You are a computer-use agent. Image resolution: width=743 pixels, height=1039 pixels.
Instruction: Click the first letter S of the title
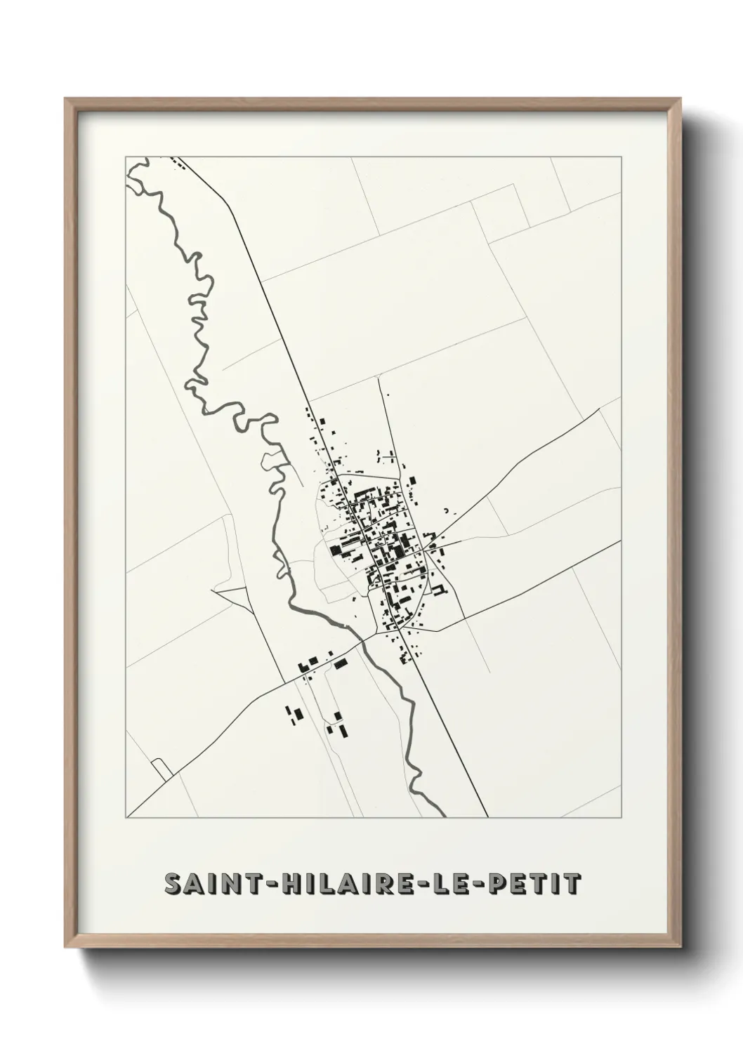[x=171, y=884]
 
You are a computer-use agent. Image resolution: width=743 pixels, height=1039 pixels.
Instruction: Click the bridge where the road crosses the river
[x=362, y=640]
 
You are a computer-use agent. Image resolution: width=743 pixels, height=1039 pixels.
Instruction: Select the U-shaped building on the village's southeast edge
[x=440, y=589]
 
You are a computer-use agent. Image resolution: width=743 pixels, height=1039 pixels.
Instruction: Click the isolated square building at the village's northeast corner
[x=413, y=480]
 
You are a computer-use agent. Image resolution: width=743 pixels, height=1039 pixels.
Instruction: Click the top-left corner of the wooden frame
[x=66, y=99]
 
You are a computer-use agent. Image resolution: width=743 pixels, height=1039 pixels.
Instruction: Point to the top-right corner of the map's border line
[x=621, y=157]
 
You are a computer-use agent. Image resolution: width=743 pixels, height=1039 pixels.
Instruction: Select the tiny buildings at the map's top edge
[x=177, y=164]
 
